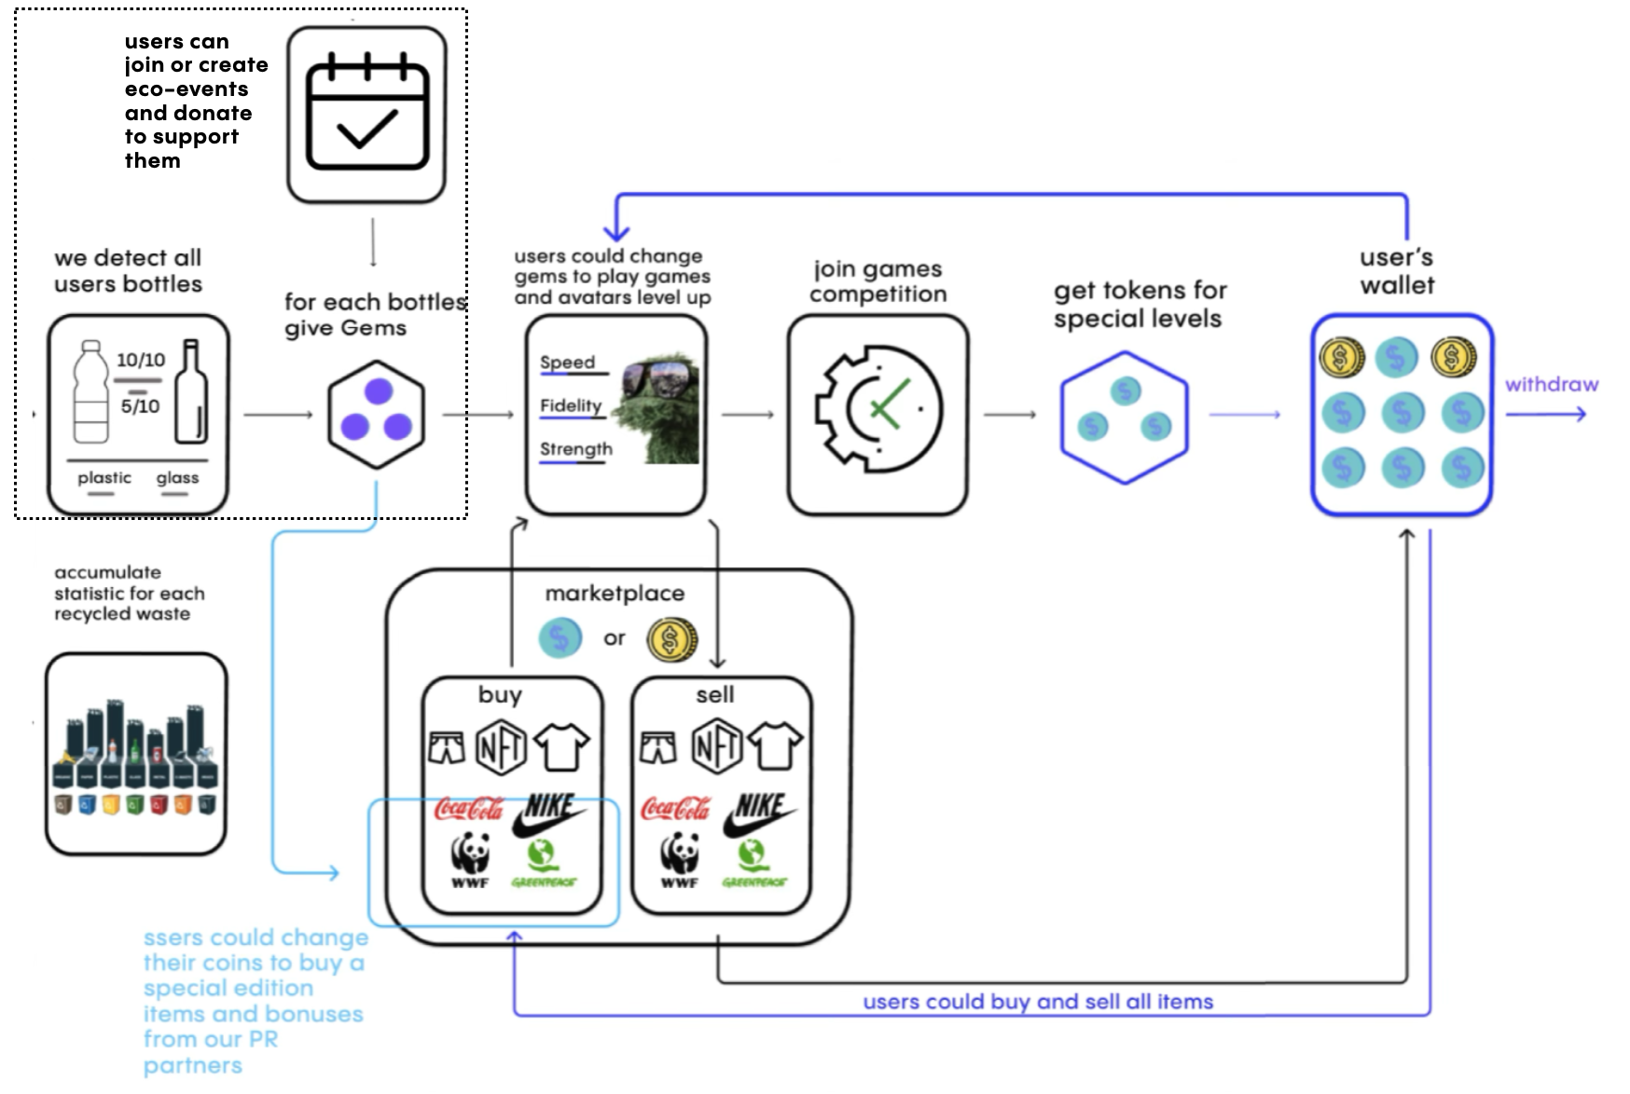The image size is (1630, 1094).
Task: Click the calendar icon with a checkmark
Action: click(x=366, y=114)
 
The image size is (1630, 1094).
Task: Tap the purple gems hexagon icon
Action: click(x=377, y=414)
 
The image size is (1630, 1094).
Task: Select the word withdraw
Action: click(x=1551, y=384)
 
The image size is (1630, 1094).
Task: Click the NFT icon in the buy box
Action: click(x=501, y=746)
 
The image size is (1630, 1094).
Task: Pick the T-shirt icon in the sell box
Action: click(x=775, y=745)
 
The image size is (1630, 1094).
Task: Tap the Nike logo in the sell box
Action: click(x=759, y=814)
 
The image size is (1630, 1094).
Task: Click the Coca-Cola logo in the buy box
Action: click(x=468, y=809)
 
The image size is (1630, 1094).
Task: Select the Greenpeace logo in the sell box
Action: click(x=753, y=863)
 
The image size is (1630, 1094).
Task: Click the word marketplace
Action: click(x=615, y=594)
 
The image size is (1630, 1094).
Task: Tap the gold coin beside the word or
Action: click(x=671, y=639)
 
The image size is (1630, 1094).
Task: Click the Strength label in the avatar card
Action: click(x=576, y=449)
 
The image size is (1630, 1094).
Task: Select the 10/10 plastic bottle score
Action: click(x=140, y=360)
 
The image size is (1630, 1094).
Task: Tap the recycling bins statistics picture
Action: click(x=136, y=753)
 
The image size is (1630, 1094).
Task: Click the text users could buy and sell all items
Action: click(x=1038, y=1002)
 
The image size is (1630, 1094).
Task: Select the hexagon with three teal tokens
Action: click(x=1124, y=416)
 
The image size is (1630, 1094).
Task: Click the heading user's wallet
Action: click(x=1396, y=271)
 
